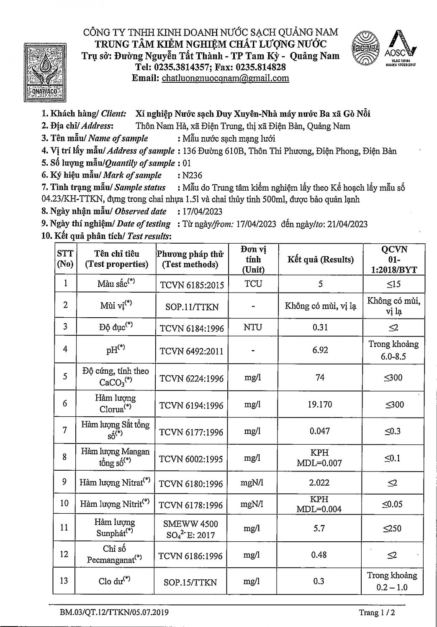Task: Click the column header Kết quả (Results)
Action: coord(321,260)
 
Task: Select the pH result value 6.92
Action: coord(320,350)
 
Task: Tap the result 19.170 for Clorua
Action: coord(320,405)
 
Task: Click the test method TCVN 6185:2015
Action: coord(192,285)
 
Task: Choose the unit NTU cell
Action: coord(253,327)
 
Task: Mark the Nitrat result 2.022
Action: coord(319,482)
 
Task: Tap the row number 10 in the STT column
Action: coord(64,503)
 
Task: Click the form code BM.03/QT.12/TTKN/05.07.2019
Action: coord(113,612)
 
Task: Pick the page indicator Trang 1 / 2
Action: coord(377,613)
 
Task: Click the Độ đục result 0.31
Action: coord(320,327)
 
